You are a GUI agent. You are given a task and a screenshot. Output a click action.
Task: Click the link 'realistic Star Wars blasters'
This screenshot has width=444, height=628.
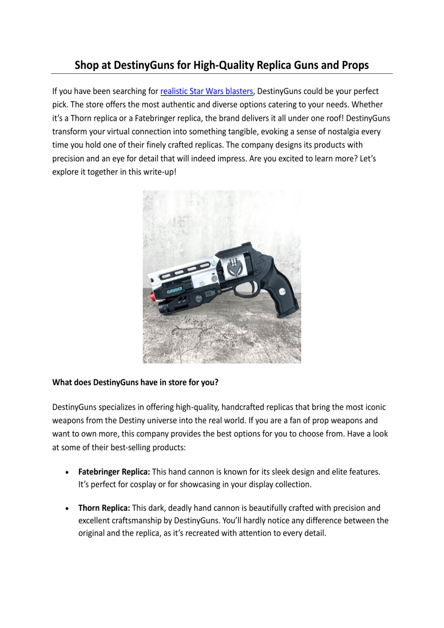pos(206,91)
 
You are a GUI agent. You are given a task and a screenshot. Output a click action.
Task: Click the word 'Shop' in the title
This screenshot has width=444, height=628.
pos(86,65)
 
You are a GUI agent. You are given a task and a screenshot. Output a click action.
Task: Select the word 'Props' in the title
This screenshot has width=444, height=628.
pos(355,65)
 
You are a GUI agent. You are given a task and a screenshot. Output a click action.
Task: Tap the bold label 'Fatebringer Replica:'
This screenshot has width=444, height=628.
pos(114,472)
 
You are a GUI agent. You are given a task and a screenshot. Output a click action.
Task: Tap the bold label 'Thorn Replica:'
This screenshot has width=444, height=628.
pos(104,508)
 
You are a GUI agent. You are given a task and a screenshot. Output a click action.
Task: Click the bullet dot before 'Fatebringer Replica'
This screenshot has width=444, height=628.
pos(67,472)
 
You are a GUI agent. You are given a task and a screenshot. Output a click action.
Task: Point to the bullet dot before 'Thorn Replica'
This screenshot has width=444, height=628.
pos(67,508)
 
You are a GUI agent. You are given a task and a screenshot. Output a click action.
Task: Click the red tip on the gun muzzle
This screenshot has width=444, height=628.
pos(153,296)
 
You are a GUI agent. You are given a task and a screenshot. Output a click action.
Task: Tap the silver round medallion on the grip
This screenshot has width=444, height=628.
pos(282,292)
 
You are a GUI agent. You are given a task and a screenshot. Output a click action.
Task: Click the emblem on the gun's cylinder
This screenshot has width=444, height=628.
pos(233,267)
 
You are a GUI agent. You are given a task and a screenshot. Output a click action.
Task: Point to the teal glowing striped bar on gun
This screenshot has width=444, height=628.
pos(175,291)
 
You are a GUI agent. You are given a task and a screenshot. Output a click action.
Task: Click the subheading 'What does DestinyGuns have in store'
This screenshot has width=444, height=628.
pos(135,383)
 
